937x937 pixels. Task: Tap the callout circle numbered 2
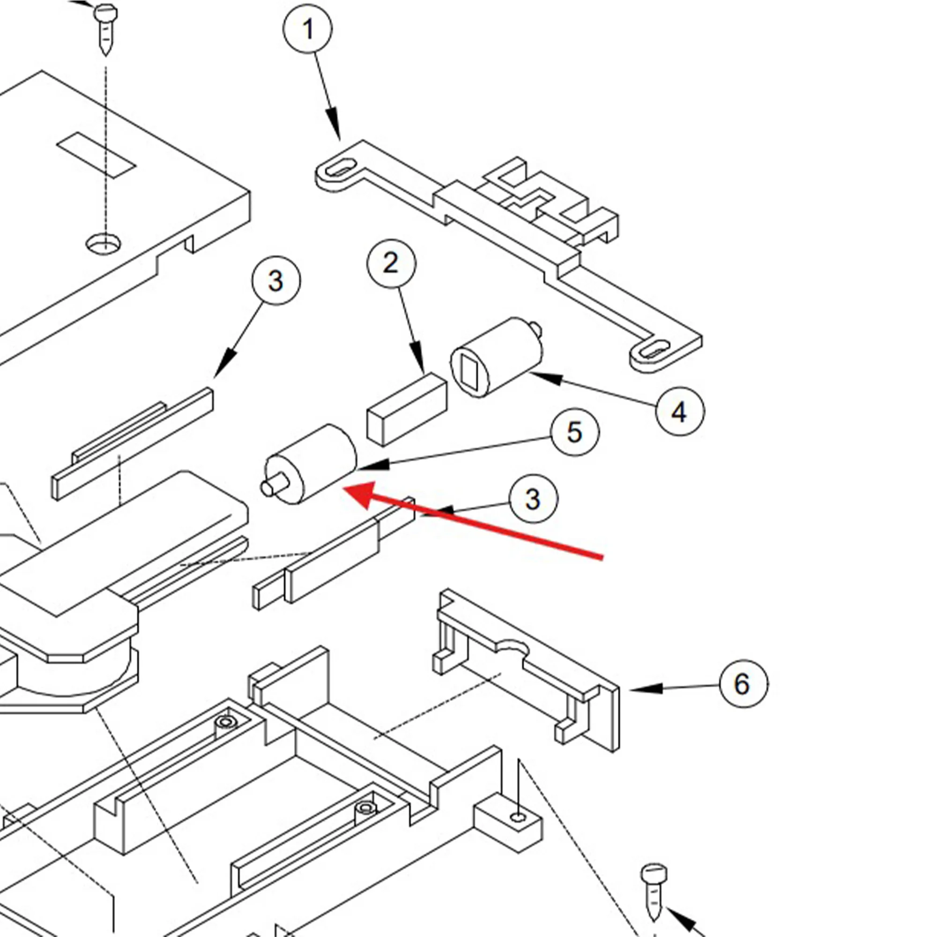point(391,263)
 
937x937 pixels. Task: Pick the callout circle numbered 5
point(575,431)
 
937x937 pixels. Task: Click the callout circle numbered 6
point(743,684)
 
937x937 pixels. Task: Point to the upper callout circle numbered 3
point(276,280)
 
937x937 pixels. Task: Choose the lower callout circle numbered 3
point(533,498)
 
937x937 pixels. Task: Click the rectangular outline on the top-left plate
point(96,155)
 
